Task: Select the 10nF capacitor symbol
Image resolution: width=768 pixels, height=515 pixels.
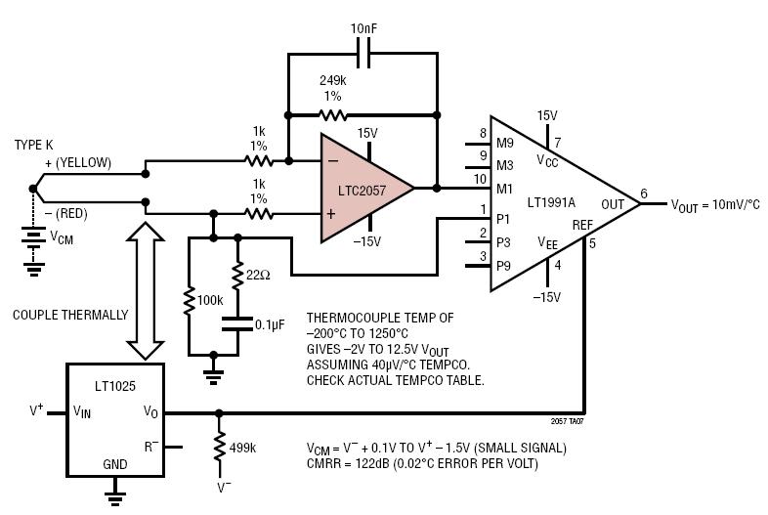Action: [x=362, y=57]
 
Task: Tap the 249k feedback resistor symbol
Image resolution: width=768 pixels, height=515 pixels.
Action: [x=361, y=113]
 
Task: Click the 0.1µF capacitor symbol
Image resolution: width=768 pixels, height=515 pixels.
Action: [x=236, y=322]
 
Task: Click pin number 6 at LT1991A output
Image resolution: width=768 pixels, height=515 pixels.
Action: [x=644, y=193]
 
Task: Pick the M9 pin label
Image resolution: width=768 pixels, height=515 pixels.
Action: [x=505, y=143]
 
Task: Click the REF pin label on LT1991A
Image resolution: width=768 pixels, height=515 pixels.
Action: [x=582, y=225]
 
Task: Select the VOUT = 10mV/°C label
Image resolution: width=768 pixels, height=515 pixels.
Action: [x=714, y=204]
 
